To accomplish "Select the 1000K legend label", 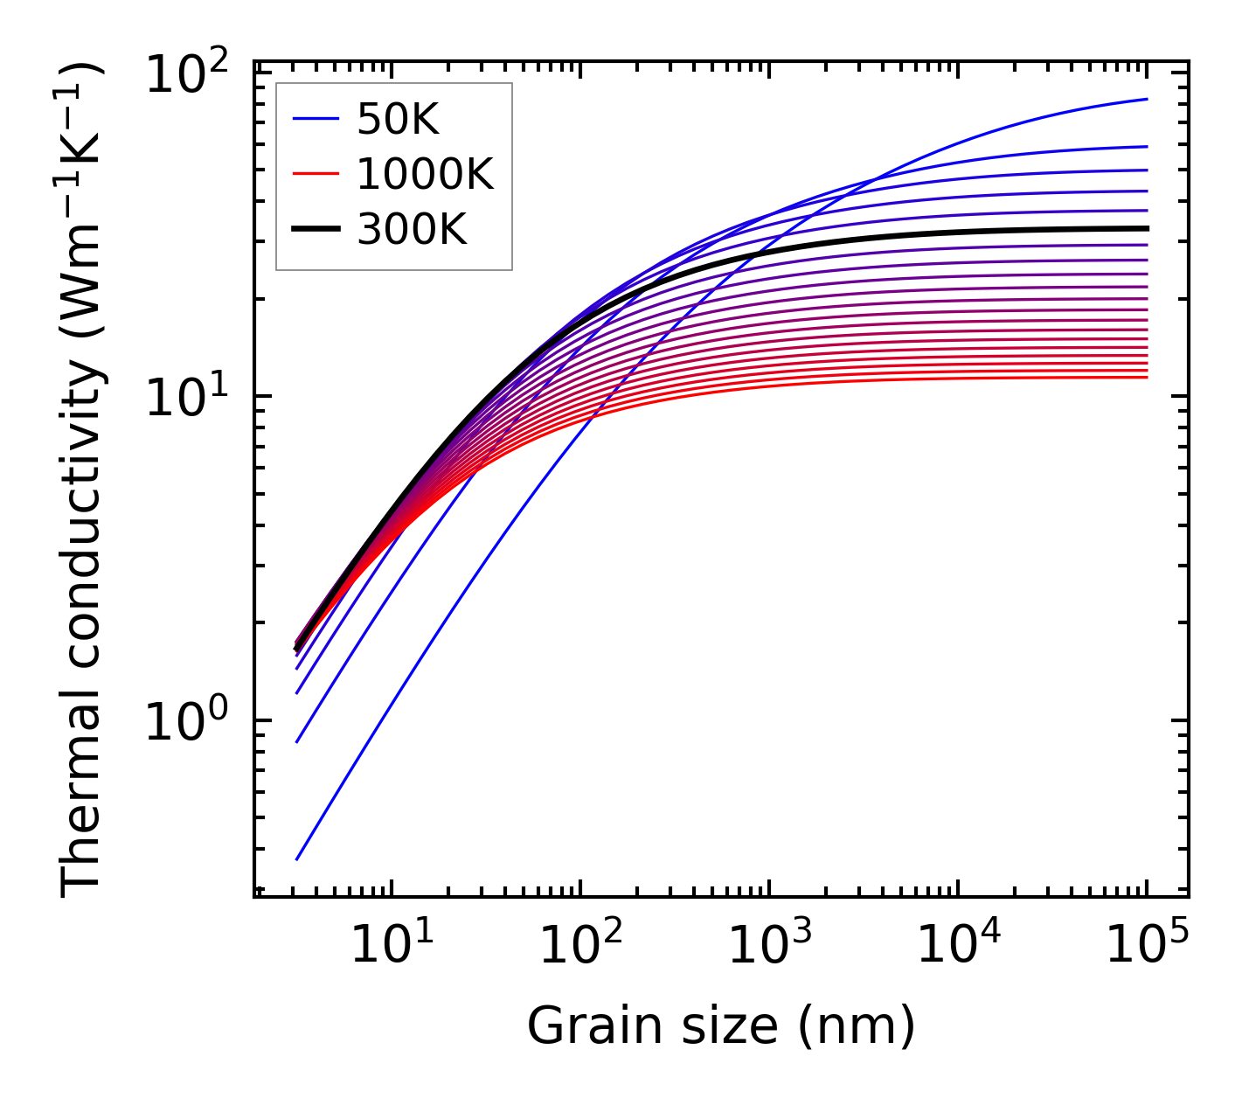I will point(425,175).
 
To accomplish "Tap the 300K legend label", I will point(412,230).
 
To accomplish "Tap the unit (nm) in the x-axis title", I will point(857,1025).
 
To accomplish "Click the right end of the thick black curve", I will point(1146,228).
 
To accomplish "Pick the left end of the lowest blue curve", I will point(297,859).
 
